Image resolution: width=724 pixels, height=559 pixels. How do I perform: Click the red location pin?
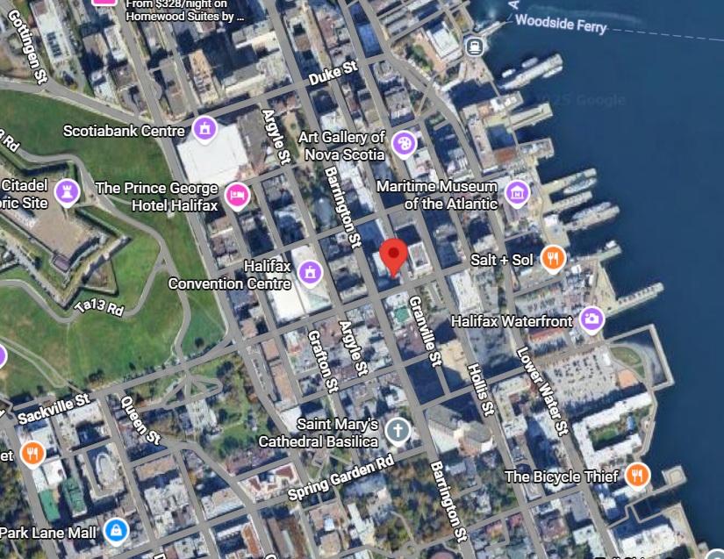[394, 254]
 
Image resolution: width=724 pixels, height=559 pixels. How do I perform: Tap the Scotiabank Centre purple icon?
[205, 130]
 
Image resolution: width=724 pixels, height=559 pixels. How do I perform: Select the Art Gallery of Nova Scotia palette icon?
[404, 143]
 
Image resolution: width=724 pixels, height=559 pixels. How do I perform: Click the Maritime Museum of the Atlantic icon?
[517, 192]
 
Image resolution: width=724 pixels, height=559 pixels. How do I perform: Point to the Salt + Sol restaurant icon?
[553, 258]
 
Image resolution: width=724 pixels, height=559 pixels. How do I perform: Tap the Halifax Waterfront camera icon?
[592, 319]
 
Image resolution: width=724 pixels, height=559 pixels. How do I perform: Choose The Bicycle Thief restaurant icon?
[638, 476]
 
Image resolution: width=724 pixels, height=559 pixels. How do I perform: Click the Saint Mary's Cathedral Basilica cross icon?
[398, 430]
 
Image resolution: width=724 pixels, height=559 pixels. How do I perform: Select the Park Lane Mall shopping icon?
[116, 530]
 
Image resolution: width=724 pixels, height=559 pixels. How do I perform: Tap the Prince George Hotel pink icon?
[236, 196]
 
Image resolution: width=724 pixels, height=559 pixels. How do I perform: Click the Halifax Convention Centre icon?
[309, 273]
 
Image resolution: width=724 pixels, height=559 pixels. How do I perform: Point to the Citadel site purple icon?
[67, 191]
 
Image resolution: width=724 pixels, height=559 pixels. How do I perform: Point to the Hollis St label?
[482, 390]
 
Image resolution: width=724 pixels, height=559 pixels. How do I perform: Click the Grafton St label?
[321, 361]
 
